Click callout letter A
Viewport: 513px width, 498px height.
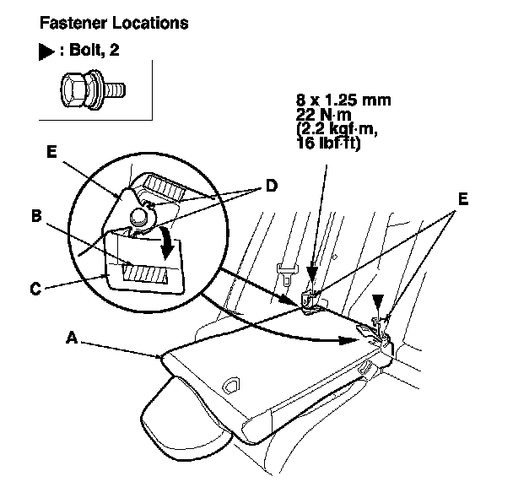[x=73, y=336]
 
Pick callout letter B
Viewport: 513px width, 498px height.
[x=37, y=215]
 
